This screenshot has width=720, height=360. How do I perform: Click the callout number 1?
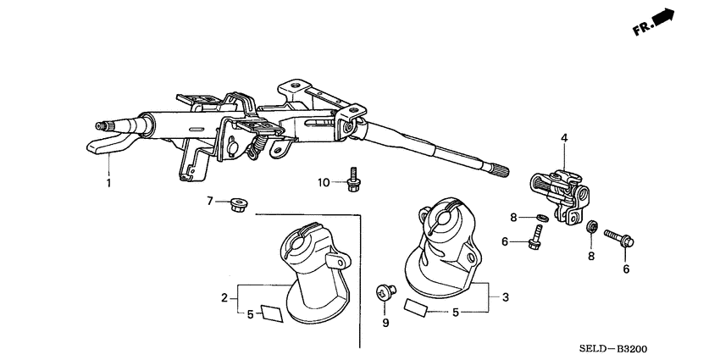click(108, 183)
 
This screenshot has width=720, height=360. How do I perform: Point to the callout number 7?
click(209, 201)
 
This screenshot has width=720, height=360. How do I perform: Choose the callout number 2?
click(224, 297)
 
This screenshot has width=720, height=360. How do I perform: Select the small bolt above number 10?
click(352, 180)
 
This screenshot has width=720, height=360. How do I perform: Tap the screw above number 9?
click(385, 294)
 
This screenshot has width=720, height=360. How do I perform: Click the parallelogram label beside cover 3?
click(417, 306)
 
